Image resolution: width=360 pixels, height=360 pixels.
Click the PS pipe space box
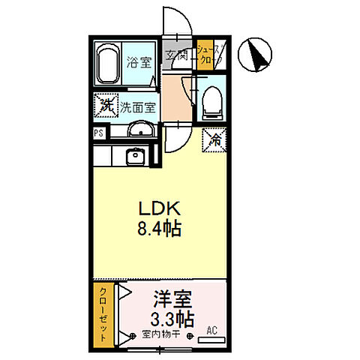[99, 133]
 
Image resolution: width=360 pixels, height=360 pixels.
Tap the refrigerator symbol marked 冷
[214, 138]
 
